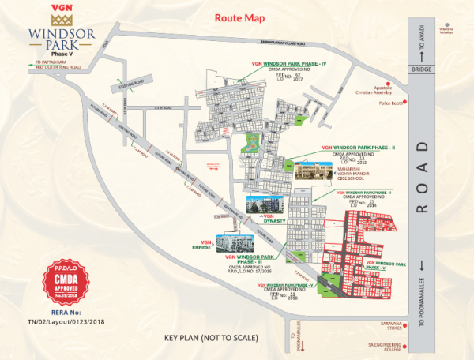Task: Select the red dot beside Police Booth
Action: [x=404, y=103]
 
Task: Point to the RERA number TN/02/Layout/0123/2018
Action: [x=68, y=321]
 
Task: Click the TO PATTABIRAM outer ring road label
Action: [x=57, y=66]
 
